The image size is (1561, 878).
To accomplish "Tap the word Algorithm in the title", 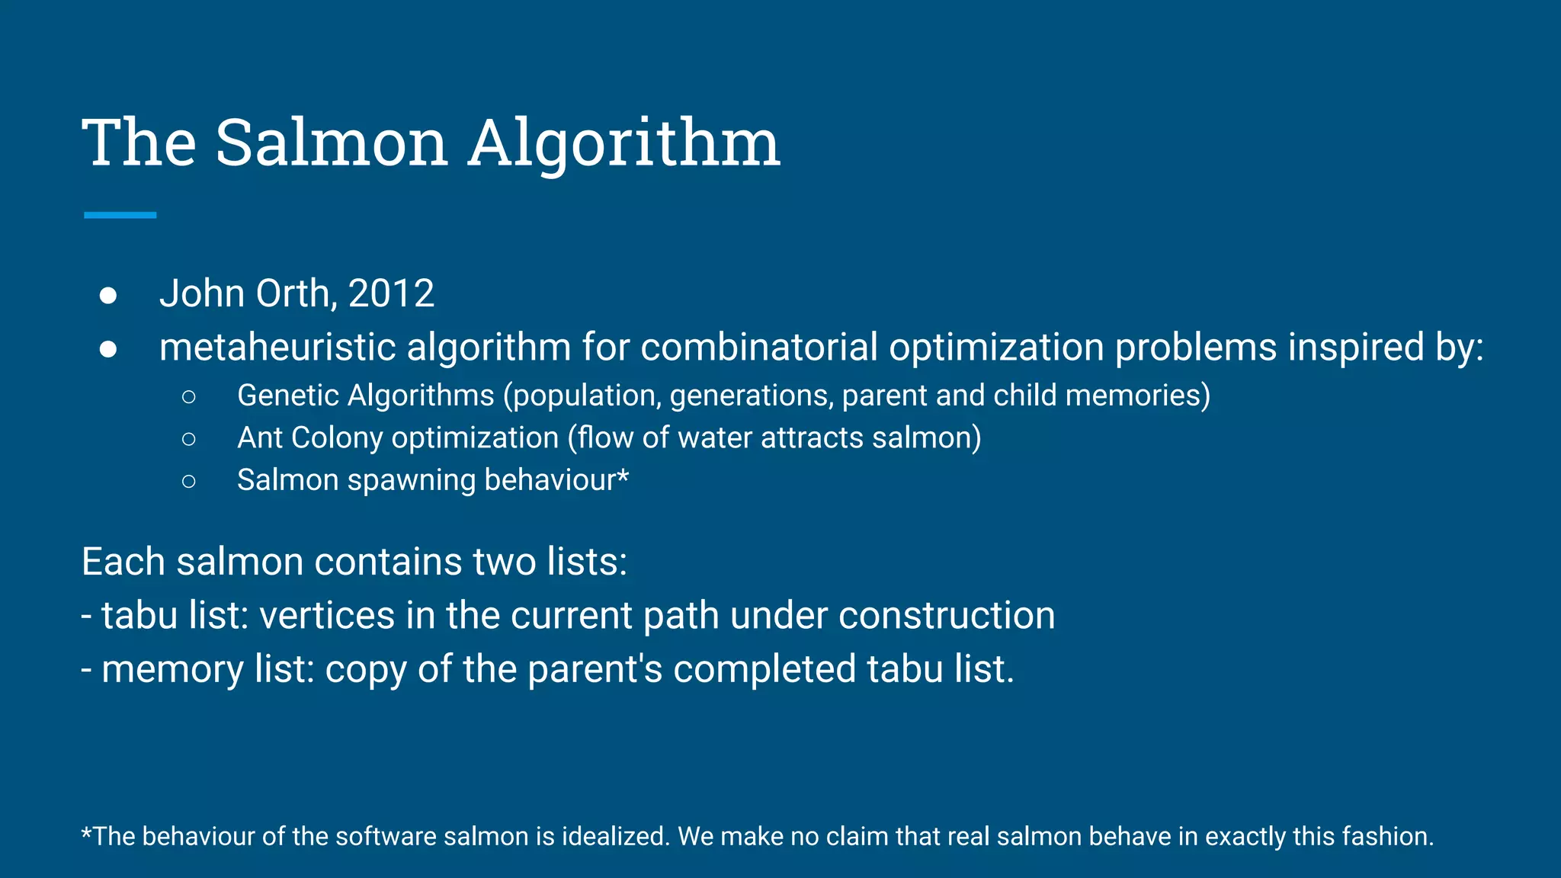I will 623,145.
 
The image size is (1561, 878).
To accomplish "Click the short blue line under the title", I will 120,216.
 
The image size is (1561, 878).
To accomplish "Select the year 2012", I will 391,293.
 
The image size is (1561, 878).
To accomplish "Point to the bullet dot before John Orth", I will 108,295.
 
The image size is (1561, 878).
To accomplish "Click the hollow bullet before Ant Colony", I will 189,438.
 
